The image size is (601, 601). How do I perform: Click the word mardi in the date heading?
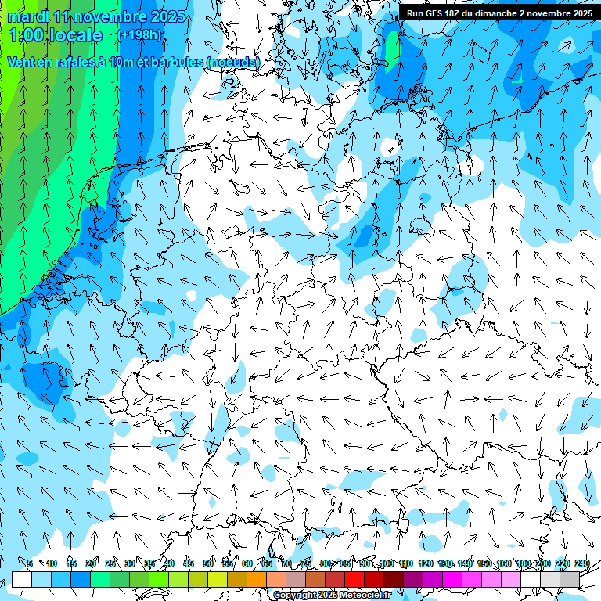[26, 16]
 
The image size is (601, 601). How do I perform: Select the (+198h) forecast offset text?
[139, 35]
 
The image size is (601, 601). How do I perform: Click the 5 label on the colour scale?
[30, 563]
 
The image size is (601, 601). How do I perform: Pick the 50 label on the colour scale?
[208, 563]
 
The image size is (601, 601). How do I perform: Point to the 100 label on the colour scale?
[387, 563]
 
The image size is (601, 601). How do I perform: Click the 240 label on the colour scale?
[582, 563]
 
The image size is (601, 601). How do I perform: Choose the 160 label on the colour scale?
[504, 563]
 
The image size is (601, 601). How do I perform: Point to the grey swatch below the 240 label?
[570, 579]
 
